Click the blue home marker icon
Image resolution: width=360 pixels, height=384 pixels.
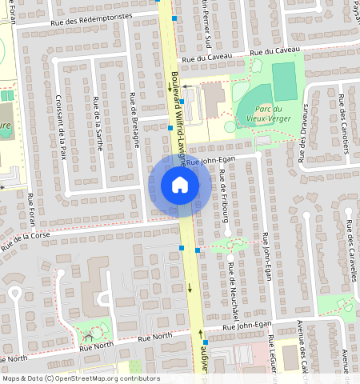[x=180, y=185]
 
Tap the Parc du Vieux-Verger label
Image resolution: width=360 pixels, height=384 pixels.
[x=266, y=113]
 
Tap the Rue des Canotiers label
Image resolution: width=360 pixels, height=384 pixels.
[x=344, y=124]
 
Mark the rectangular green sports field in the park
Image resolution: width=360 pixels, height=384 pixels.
[x=284, y=78]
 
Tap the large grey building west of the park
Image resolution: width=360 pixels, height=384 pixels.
[x=214, y=100]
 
